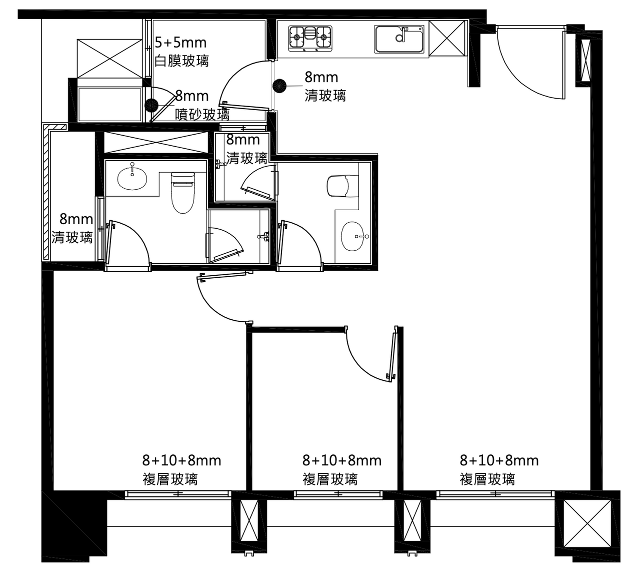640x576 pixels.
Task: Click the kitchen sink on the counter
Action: point(399,40)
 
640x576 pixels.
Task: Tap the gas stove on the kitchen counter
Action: point(310,39)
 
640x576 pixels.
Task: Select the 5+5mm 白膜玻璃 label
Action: point(181,52)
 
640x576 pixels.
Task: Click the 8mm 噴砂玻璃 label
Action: point(202,105)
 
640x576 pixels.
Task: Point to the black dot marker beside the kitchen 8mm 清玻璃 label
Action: point(279,86)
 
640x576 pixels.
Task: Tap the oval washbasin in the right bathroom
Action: point(352,236)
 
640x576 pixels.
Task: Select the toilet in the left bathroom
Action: point(183,193)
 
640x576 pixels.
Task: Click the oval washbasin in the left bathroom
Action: point(132,179)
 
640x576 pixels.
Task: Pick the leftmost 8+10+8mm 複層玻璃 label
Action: point(181,469)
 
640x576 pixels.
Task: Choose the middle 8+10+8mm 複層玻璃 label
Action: point(341,469)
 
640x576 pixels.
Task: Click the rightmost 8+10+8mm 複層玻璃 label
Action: point(499,469)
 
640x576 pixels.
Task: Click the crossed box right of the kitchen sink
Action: point(447,38)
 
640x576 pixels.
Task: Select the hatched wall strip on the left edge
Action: point(46,192)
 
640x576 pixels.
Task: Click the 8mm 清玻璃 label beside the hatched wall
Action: point(72,228)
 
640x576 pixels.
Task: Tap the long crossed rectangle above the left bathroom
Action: point(156,142)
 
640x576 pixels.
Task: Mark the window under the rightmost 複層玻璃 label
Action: point(495,494)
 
